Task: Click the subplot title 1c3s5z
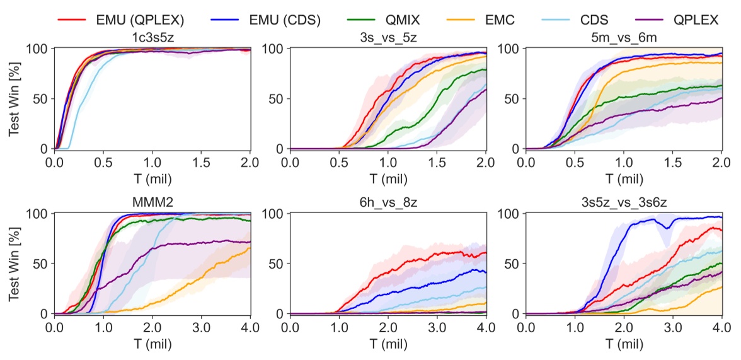click(152, 38)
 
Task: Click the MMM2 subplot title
click(152, 202)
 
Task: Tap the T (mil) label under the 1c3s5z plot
click(152, 178)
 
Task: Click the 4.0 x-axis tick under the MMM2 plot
click(250, 328)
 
